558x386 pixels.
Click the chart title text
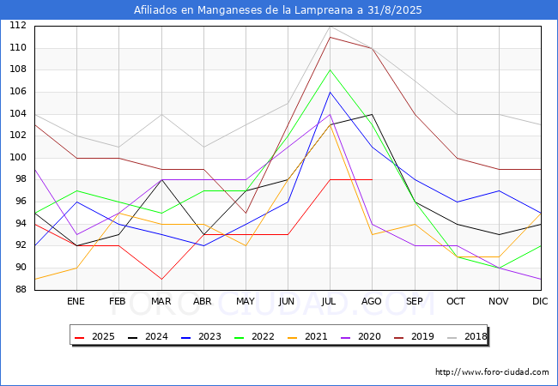(277, 10)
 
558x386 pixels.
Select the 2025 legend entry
(94, 336)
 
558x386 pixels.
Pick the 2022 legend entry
(254, 336)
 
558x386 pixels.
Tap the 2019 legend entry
(414, 336)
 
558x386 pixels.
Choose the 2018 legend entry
(467, 336)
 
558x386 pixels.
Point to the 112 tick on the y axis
(18, 26)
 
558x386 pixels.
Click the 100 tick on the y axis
(18, 158)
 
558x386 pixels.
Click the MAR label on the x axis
(161, 301)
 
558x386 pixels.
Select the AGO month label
(372, 301)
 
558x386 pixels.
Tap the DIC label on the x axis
(540, 301)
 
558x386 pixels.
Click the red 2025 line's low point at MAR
(161, 279)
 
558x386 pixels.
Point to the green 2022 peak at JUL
(331, 70)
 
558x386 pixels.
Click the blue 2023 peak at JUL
(331, 92)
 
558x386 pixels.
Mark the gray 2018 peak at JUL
(331, 27)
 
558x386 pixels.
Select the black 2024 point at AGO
(373, 114)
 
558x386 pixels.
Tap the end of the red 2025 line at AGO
(373, 180)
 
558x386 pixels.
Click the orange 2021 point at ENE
(77, 268)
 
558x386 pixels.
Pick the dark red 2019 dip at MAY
(246, 213)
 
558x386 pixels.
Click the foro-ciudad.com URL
(492, 372)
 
